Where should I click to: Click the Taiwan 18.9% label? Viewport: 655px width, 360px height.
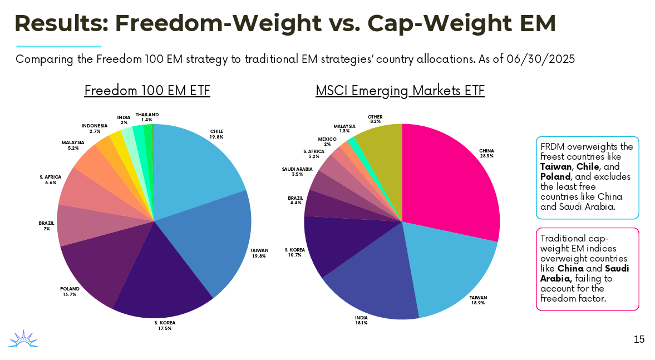(478, 301)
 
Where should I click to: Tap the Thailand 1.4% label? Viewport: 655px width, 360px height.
(147, 117)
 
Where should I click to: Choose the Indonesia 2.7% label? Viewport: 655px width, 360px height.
(95, 129)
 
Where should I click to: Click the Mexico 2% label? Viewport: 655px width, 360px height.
(327, 141)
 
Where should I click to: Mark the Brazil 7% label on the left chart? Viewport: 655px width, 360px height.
(46, 226)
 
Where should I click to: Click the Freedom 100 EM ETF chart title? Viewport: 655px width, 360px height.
(147, 91)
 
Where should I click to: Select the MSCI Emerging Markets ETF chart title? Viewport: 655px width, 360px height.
(400, 91)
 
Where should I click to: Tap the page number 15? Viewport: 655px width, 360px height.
(639, 339)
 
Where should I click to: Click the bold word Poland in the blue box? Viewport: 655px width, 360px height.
(555, 176)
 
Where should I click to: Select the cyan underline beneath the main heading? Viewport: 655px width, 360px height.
(58, 46)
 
